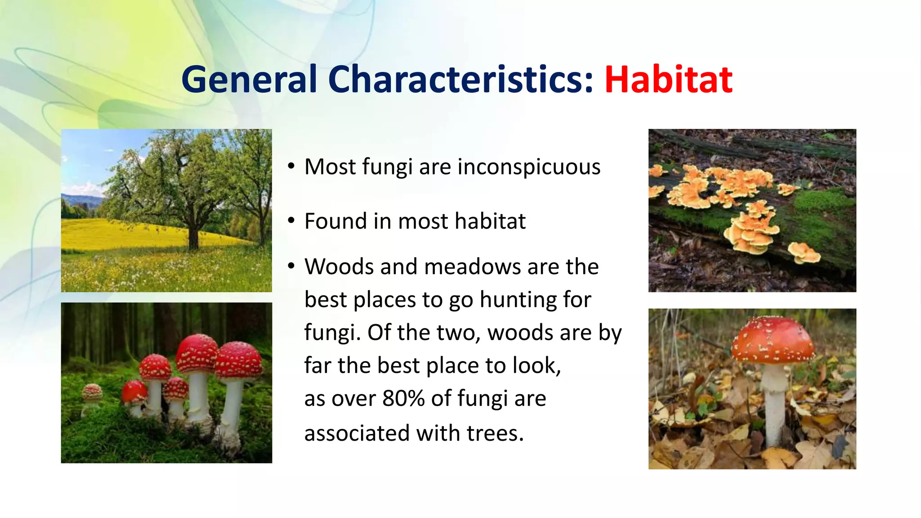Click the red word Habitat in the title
(x=668, y=80)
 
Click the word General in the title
(x=249, y=80)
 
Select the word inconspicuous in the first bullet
(x=529, y=167)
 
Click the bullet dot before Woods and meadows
(x=291, y=267)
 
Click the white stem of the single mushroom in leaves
(x=774, y=405)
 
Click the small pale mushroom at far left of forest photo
(x=92, y=393)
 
